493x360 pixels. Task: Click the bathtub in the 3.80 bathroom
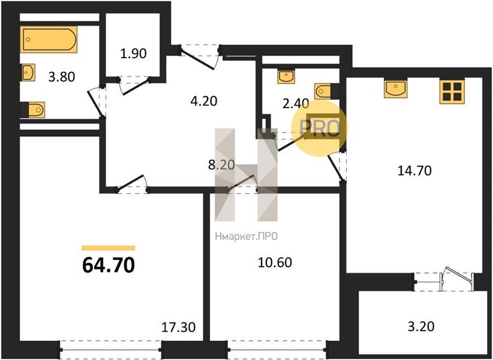(49, 39)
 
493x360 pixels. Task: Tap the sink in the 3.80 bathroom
(28, 73)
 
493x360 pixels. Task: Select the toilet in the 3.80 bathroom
(33, 110)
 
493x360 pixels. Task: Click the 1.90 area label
(133, 53)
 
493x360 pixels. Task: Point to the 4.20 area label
(204, 101)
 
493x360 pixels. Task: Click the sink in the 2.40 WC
(286, 77)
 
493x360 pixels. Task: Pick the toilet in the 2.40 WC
(327, 91)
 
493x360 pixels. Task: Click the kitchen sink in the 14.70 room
(395, 88)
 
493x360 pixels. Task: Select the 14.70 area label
(414, 171)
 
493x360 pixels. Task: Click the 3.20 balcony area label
(421, 326)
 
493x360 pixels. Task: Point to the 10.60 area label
(275, 262)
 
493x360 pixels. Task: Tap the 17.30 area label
(178, 328)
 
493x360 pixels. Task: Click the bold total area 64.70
(109, 265)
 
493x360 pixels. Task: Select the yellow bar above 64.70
(109, 248)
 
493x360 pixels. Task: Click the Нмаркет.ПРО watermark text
(246, 236)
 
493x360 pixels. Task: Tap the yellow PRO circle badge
(320, 128)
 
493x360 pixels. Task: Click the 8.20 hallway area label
(222, 165)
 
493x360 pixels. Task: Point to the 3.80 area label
(62, 77)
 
